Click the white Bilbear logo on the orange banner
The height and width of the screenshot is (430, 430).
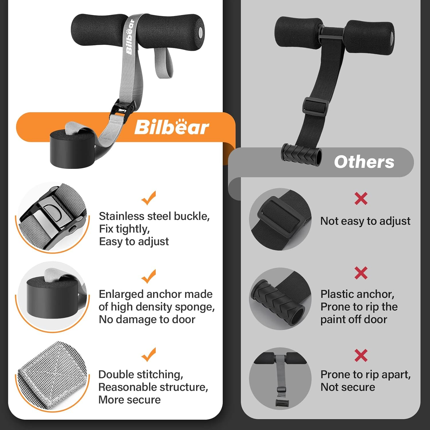point(171,127)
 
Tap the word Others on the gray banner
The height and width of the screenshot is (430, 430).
point(364,162)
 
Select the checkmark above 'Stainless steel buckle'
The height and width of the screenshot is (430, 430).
point(149,198)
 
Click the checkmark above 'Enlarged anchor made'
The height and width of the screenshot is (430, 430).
point(149,276)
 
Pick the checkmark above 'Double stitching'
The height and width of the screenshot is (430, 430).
point(149,354)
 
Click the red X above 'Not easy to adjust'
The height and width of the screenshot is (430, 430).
point(361,198)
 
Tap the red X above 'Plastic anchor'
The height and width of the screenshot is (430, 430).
point(361,273)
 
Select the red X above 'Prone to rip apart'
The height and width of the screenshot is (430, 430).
point(361,355)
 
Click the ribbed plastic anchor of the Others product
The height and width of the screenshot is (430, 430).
point(301,155)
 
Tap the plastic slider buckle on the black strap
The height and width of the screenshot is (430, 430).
point(315,107)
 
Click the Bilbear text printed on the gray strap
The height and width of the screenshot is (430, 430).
point(130,37)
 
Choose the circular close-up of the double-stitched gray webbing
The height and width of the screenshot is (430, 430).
point(52,376)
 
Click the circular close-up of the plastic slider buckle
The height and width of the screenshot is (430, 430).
point(280,219)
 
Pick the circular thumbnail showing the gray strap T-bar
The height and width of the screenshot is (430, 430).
point(280,378)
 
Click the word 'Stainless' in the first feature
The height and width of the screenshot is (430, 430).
point(120,216)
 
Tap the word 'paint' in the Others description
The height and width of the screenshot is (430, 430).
point(333,320)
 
